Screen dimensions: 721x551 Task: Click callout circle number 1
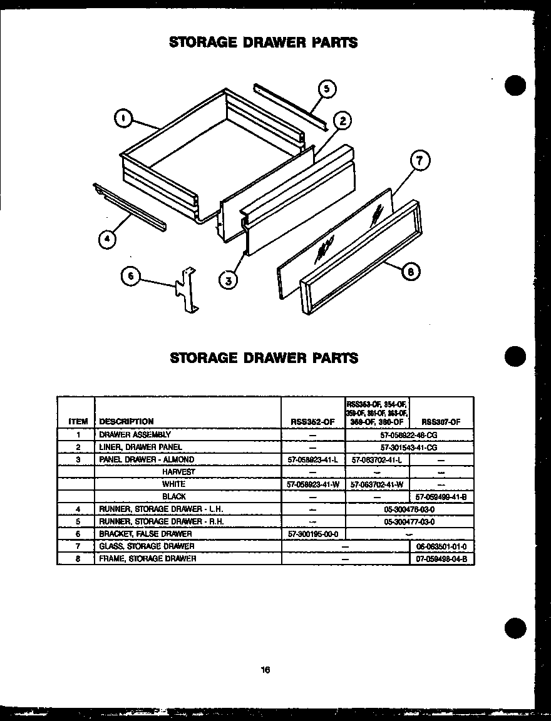tap(124, 118)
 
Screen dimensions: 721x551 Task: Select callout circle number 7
tap(420, 161)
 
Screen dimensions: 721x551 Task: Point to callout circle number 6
tap(130, 277)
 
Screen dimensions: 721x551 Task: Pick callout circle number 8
tap(410, 271)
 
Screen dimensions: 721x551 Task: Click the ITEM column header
tap(78, 422)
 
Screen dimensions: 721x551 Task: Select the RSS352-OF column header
tap(312, 422)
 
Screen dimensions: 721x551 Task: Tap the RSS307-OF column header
tap(441, 422)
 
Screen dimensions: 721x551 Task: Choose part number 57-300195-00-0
tap(312, 534)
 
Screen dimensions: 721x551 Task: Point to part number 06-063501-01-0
tap(441, 546)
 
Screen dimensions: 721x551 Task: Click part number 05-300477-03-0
tap(409, 521)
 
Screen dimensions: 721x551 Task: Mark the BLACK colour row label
tap(174, 496)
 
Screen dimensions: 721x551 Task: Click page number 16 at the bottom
tap(265, 670)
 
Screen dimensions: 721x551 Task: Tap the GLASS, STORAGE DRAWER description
tap(147, 546)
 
